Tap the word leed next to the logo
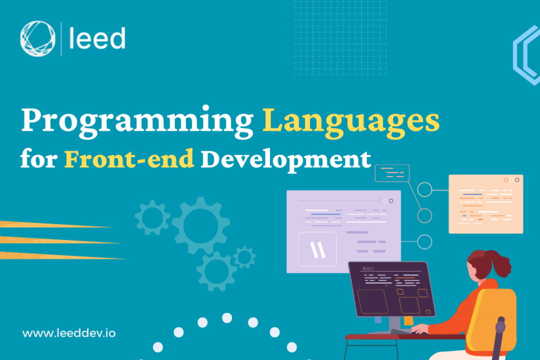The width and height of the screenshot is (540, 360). click(97, 39)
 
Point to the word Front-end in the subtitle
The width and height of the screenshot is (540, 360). click(130, 158)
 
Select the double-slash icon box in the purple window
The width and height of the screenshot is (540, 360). click(317, 249)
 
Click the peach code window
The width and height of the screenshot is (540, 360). click(486, 204)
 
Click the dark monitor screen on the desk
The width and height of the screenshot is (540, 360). click(391, 288)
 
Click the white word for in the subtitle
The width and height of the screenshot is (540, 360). click(37, 159)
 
